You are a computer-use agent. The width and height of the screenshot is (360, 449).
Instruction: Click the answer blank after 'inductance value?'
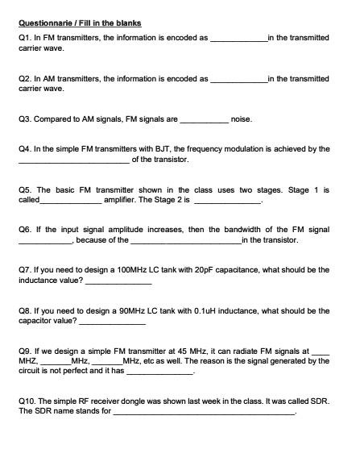click(x=118, y=281)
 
